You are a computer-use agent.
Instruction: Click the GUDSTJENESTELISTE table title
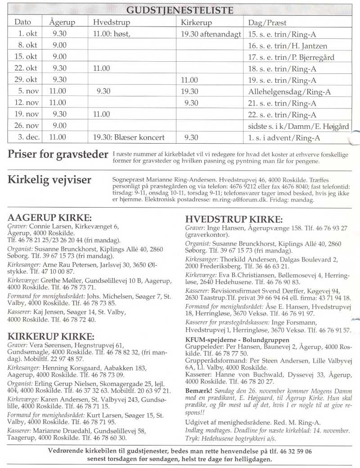tap(180, 10)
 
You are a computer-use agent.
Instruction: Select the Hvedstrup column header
tap(111, 22)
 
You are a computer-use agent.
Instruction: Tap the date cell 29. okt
tap(27, 80)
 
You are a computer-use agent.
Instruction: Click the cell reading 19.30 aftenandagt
tap(211, 34)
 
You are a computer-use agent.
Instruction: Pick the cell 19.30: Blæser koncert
tap(129, 137)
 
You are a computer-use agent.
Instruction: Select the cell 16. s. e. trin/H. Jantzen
tap(288, 45)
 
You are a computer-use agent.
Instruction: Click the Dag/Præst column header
tap(267, 22)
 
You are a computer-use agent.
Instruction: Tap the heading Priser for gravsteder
tap(58, 154)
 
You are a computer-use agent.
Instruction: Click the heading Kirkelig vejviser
tap(49, 180)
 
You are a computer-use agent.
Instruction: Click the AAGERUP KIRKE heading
tap(49, 218)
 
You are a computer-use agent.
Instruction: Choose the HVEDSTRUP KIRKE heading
tap(234, 219)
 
